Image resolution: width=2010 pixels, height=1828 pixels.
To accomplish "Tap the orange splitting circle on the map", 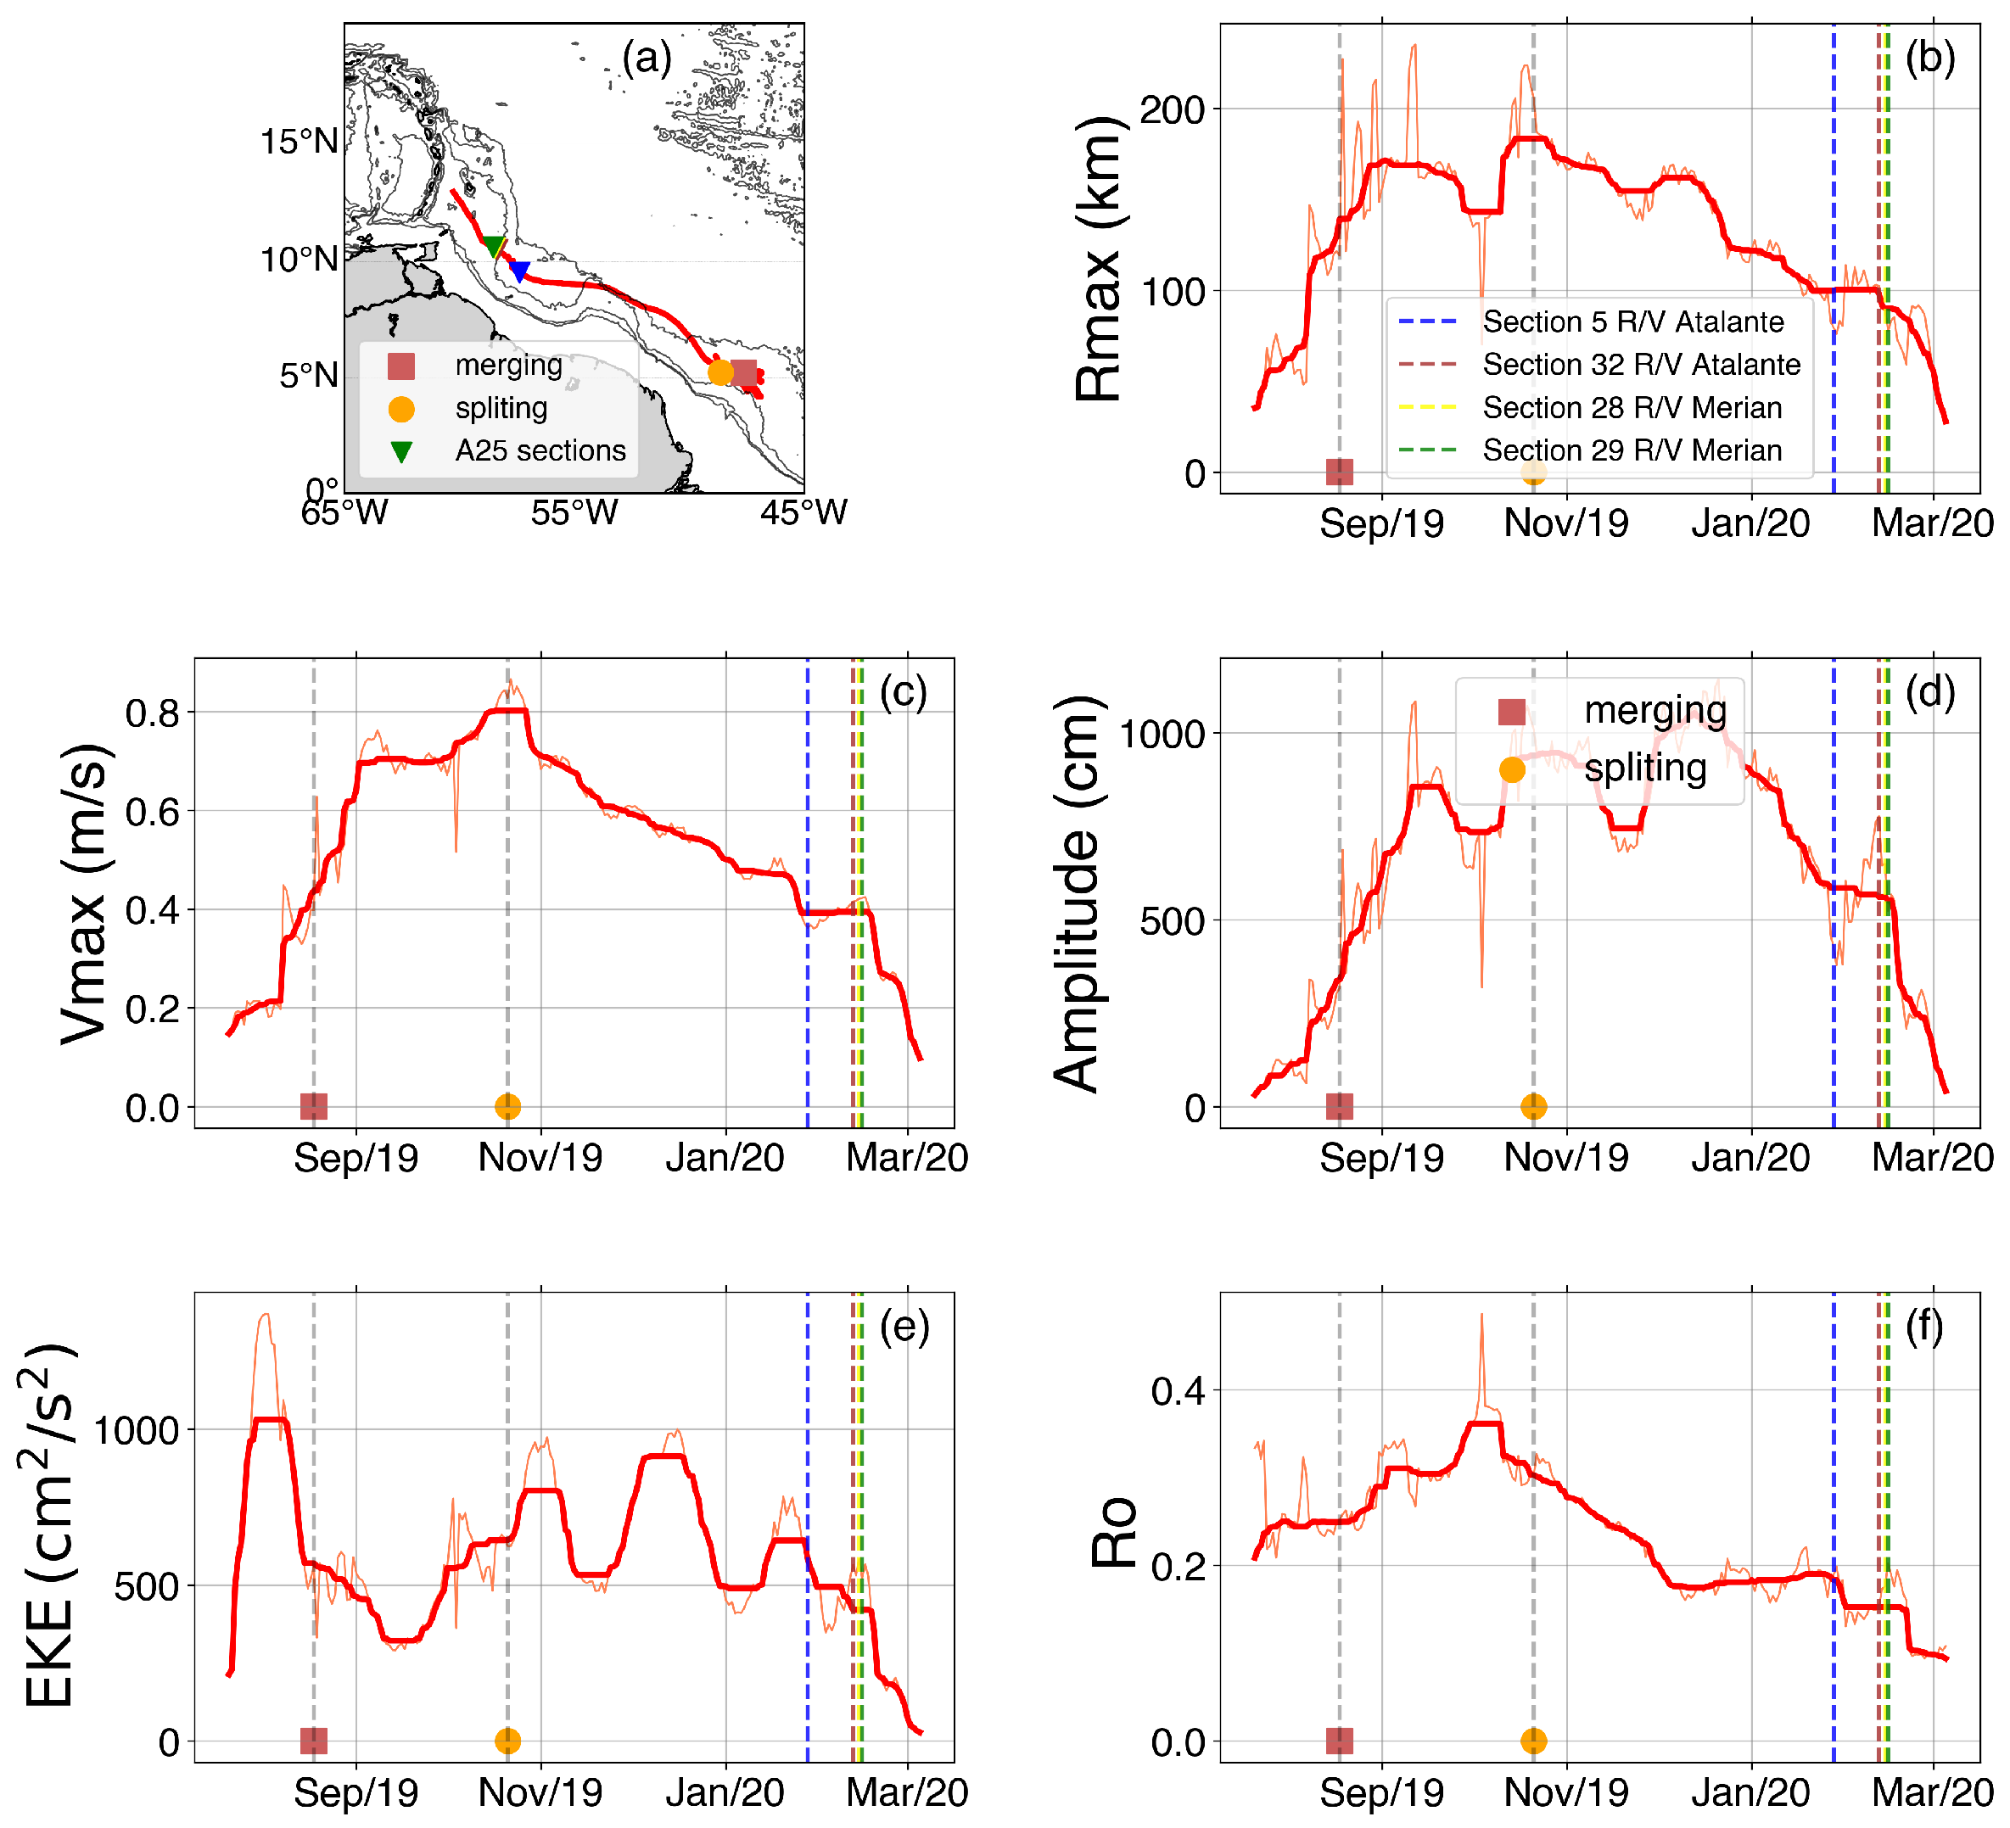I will pos(719,372).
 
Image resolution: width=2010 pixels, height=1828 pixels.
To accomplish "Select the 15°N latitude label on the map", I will pos(300,142).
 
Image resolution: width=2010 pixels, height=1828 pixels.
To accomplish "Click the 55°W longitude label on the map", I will pos(574,512).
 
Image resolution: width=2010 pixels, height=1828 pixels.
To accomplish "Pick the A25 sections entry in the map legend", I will pos(540,450).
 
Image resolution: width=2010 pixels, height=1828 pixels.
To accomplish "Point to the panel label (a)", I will pos(647,57).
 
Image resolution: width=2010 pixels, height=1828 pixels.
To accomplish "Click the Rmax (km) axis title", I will pos(1100,260).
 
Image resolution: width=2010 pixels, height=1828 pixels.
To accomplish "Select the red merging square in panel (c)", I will pos(313,1105).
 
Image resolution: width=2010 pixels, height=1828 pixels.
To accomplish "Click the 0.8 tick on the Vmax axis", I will pos(153,713).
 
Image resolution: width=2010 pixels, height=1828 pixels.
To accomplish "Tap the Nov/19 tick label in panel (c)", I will pos(540,1157).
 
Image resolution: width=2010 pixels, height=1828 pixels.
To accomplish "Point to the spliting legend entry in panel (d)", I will pos(1644,769).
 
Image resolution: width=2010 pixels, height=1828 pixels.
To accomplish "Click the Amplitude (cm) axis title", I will pos(1077,894).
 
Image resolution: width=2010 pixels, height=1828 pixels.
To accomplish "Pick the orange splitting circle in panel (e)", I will pos(507,1741).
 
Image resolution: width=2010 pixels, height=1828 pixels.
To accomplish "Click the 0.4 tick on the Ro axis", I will pos(1178,1391).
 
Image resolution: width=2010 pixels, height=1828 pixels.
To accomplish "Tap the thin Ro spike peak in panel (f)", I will pos(1481,1316).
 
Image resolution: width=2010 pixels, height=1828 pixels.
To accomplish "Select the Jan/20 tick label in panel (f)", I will pos(1750,1792).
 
